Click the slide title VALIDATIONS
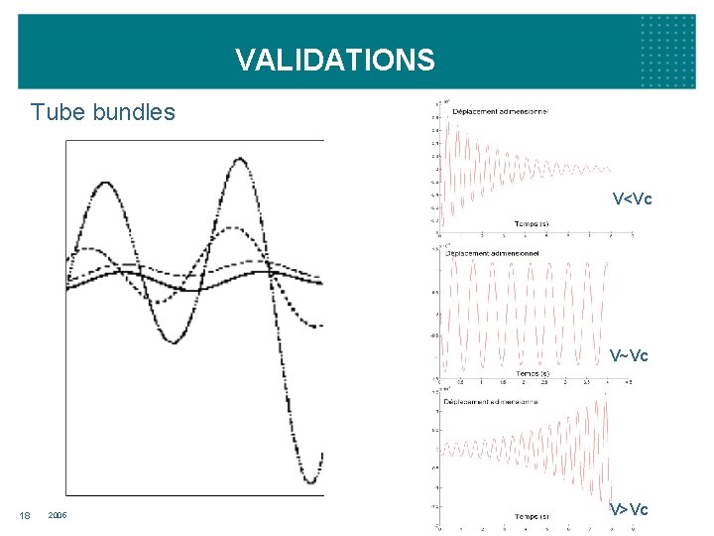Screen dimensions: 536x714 (335, 61)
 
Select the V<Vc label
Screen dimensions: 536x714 (632, 200)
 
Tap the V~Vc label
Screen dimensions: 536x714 (630, 355)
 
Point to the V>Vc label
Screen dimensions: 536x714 (629, 509)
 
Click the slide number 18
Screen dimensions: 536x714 (25, 514)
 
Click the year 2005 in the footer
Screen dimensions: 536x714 (57, 514)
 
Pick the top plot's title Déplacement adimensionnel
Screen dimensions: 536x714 (500, 111)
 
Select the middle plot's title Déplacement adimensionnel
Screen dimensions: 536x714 (493, 253)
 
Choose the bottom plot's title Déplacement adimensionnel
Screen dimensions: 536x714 (493, 401)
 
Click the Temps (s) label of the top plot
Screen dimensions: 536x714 (531, 223)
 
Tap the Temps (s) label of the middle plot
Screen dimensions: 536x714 (531, 373)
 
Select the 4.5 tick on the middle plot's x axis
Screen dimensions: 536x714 (629, 381)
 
